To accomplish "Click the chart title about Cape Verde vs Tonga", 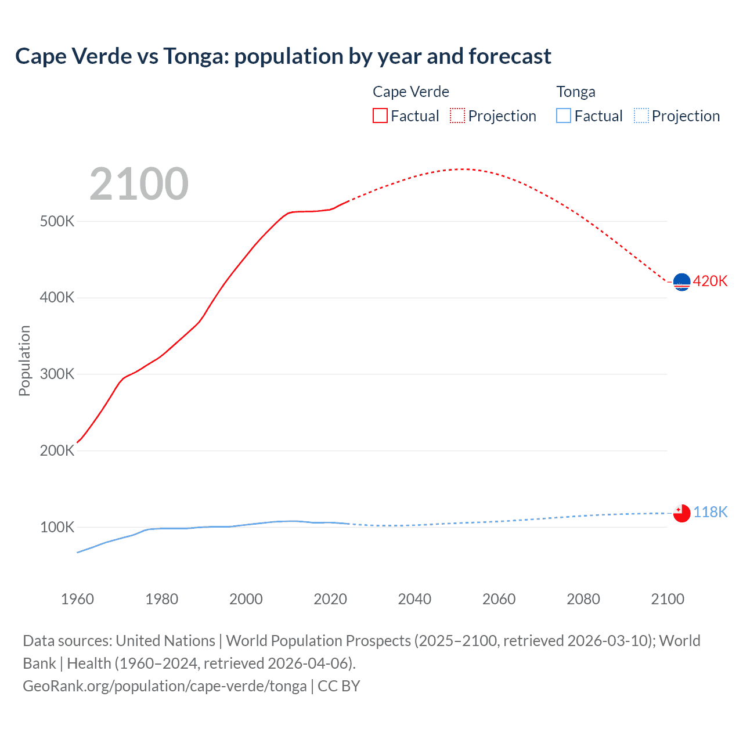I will [x=283, y=56].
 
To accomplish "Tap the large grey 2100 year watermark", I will [x=139, y=184].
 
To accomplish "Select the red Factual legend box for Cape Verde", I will [x=380, y=116].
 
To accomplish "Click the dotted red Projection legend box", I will [x=457, y=116].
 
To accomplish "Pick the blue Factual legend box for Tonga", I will [x=563, y=116].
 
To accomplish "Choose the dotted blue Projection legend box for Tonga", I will [x=641, y=116].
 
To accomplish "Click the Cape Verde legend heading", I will [x=410, y=92].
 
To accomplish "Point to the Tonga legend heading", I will [x=575, y=92].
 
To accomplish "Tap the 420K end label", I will [x=710, y=281].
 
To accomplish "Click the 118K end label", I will [x=710, y=512].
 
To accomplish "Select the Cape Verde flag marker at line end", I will [x=681, y=282].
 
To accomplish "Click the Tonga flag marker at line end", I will [x=681, y=513].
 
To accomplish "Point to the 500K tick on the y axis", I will [x=57, y=221].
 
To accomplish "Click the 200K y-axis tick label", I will [x=57, y=450].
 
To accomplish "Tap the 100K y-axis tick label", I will [x=57, y=527].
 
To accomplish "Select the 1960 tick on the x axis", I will [x=77, y=599].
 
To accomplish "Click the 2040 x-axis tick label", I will [x=414, y=599].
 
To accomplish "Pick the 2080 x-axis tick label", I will [x=583, y=599].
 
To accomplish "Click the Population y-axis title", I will [x=24, y=360].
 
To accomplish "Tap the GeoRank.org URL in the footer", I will [x=164, y=686].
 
